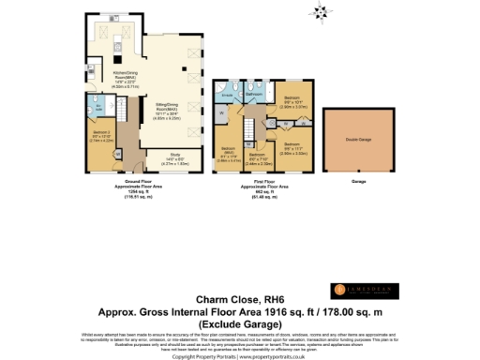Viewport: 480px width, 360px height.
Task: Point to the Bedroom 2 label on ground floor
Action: pos(103,135)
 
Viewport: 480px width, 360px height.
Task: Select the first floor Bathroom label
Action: pos(254,95)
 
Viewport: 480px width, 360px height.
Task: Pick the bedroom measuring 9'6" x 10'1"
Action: pos(291,100)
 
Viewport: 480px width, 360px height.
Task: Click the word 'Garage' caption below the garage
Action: pos(359,181)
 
